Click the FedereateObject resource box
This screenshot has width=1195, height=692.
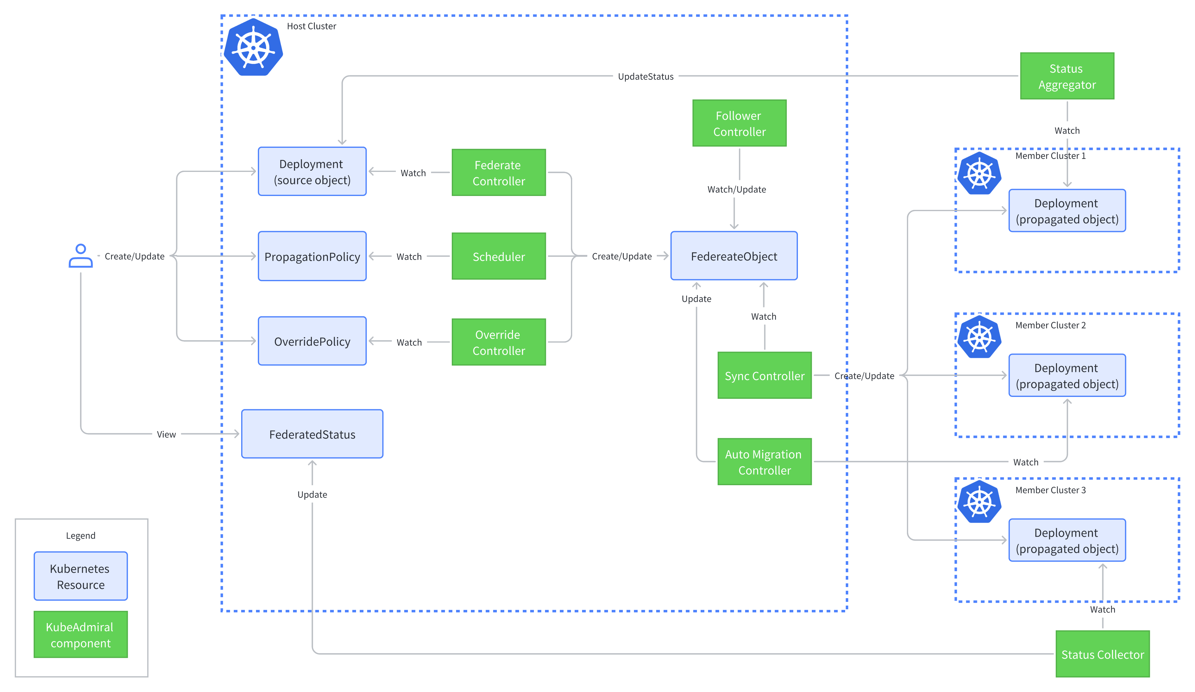734,256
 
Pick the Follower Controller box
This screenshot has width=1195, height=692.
739,123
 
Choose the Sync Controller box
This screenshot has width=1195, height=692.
765,375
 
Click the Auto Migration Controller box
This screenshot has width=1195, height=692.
765,462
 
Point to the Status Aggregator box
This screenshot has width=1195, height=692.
1067,76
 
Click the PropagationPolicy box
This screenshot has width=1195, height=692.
312,256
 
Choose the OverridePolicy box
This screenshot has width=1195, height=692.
312,341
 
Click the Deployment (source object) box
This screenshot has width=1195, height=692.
312,172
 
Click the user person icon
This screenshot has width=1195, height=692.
81,256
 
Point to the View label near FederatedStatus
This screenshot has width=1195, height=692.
166,434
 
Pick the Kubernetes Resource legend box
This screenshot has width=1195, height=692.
81,576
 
